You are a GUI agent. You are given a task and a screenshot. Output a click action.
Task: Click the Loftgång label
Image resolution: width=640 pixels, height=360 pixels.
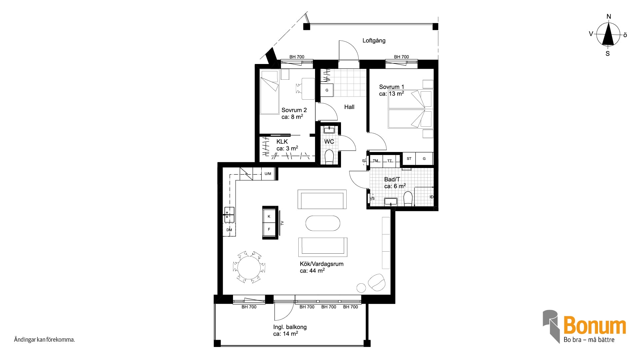click(374, 41)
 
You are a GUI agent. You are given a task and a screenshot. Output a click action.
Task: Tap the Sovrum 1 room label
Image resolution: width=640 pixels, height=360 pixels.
click(392, 87)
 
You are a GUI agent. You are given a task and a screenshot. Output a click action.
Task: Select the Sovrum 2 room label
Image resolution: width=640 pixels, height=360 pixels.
click(294, 110)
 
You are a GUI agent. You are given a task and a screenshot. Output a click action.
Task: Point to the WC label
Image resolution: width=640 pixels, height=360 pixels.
click(329, 142)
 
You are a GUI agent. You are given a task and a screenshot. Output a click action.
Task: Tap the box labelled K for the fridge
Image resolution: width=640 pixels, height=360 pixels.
click(269, 216)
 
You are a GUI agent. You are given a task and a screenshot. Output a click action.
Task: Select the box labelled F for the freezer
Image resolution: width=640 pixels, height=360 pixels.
click(269, 229)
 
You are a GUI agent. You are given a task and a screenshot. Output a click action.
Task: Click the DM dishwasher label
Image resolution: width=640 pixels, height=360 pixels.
click(229, 230)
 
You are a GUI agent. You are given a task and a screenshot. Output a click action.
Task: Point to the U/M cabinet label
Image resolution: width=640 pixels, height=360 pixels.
click(268, 174)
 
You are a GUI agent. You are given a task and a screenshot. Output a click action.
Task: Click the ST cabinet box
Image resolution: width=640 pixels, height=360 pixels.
click(409, 159)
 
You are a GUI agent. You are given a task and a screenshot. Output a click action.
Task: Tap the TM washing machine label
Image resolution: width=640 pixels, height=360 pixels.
click(376, 161)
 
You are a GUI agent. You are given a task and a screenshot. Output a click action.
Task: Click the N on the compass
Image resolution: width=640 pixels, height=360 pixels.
click(609, 17)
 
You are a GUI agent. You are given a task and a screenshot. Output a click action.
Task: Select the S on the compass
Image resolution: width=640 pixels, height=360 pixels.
click(608, 53)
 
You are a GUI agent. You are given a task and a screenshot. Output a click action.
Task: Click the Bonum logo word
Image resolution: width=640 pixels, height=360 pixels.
click(595, 326)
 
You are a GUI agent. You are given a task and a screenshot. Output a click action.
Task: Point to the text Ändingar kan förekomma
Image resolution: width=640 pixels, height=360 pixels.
click(44, 340)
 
